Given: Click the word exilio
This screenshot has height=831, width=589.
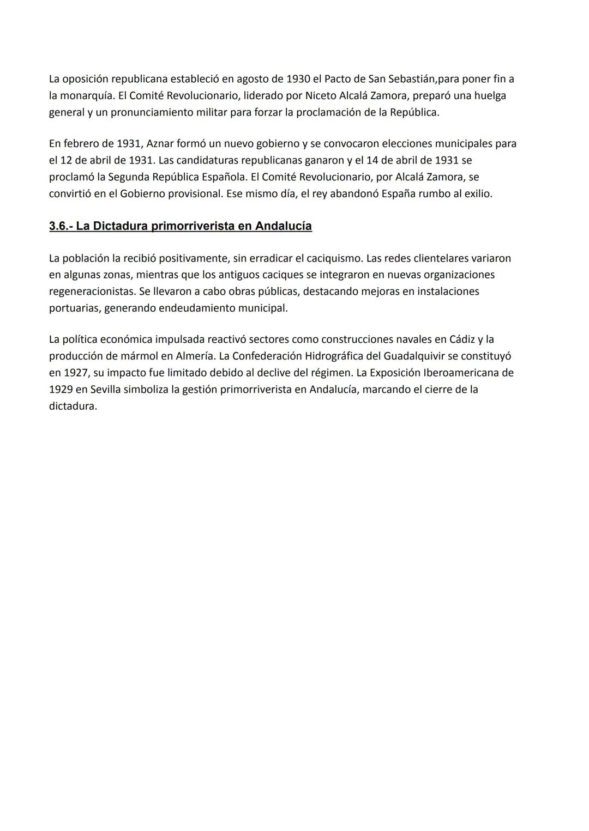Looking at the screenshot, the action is [478, 193].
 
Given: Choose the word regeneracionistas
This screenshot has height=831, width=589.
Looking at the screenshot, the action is [92, 291].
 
